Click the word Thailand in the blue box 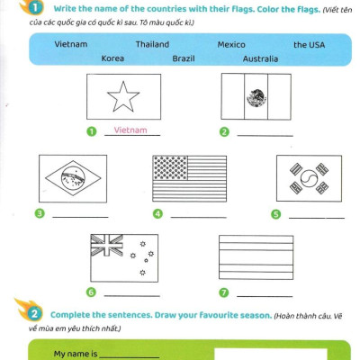click(152, 44)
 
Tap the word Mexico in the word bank click(231, 45)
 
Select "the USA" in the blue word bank click(309, 45)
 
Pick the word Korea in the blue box click(112, 58)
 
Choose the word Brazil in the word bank click(184, 58)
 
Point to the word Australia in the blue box click(260, 58)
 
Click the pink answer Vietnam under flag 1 click(130, 130)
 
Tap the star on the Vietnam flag click(123, 97)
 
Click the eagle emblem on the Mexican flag click(256, 97)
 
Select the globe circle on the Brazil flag click(73, 178)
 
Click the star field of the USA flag click(170, 168)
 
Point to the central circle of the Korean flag click(309, 178)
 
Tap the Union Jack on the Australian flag click(107, 245)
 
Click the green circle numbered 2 click(224, 131)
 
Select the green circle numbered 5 click(275, 214)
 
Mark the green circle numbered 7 click(224, 292)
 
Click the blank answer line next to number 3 click(80, 217)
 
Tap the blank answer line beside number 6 click(132, 296)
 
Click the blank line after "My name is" click(130, 357)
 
